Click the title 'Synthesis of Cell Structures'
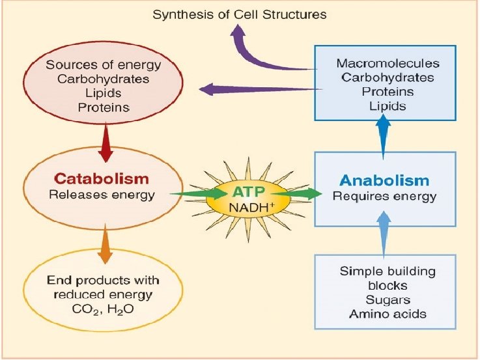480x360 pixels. [x=239, y=13]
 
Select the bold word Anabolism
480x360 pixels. [x=384, y=180]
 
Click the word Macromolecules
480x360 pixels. [x=388, y=63]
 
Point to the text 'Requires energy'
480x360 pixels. [x=384, y=196]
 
